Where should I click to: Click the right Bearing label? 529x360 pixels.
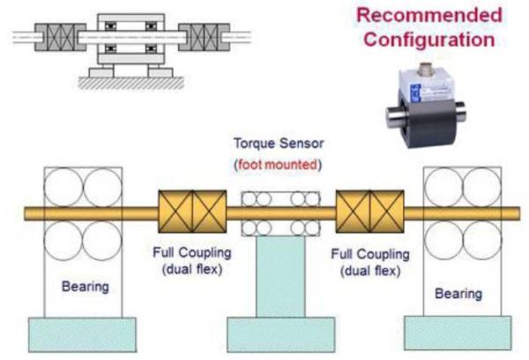pos(458,292)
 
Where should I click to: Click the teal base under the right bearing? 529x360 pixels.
pos(458,334)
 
